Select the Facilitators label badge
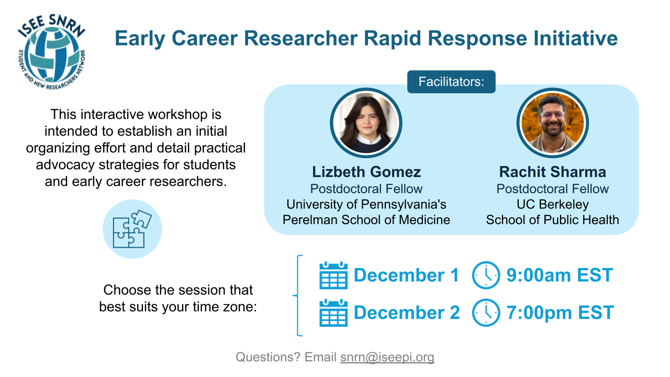pos(451,82)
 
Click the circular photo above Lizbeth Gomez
pos(366,123)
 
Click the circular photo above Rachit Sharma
pos(553,123)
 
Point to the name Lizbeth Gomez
pos(366,172)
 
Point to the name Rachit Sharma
pos(553,172)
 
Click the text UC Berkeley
pos(553,204)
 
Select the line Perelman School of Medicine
pos(366,220)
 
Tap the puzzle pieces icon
pos(132,229)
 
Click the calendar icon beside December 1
pos(333,275)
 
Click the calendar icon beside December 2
pos(333,313)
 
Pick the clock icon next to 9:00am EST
pos(486,275)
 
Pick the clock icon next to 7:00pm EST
pos(486,313)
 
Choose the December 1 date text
pos(406,275)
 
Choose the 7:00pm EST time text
pos(560,313)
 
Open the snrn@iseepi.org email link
pos(387,357)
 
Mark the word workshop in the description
pos(178,115)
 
